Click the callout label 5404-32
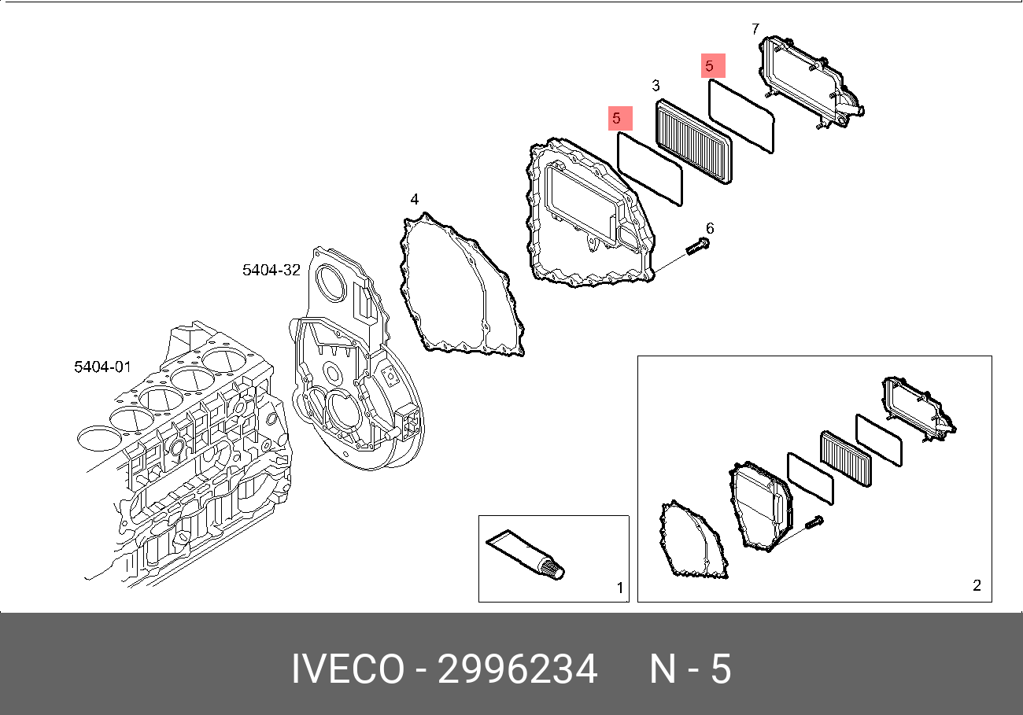point(271,271)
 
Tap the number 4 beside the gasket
point(414,200)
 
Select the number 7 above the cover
point(755,29)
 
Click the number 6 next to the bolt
point(709,229)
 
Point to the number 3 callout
point(656,86)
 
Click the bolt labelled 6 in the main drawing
point(697,247)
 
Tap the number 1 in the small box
point(619,588)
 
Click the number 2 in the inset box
point(977,585)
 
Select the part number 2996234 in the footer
point(517,670)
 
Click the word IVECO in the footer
point(347,670)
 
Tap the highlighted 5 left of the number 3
point(619,119)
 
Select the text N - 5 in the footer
point(690,670)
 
